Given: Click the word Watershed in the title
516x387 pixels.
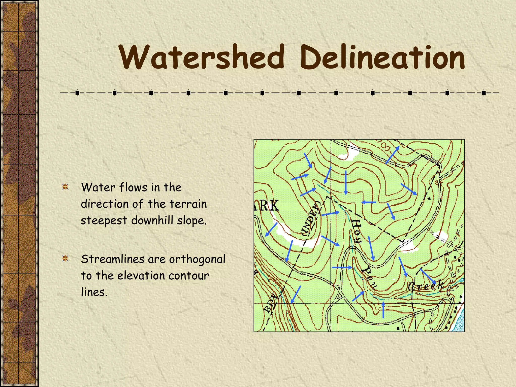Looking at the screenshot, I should pos(202,57).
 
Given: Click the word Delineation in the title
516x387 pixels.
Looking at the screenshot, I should pos(382,57).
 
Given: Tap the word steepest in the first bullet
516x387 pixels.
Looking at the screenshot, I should pos(104,221).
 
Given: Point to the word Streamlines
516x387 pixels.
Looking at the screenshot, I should pos(113,259).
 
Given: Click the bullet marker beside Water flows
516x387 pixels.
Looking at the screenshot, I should pos(66,187).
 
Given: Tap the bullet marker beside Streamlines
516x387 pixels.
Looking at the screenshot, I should pos(66,258).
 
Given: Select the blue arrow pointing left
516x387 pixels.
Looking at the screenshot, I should pos(369,202).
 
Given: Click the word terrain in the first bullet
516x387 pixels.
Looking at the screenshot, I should pos(188,204).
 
